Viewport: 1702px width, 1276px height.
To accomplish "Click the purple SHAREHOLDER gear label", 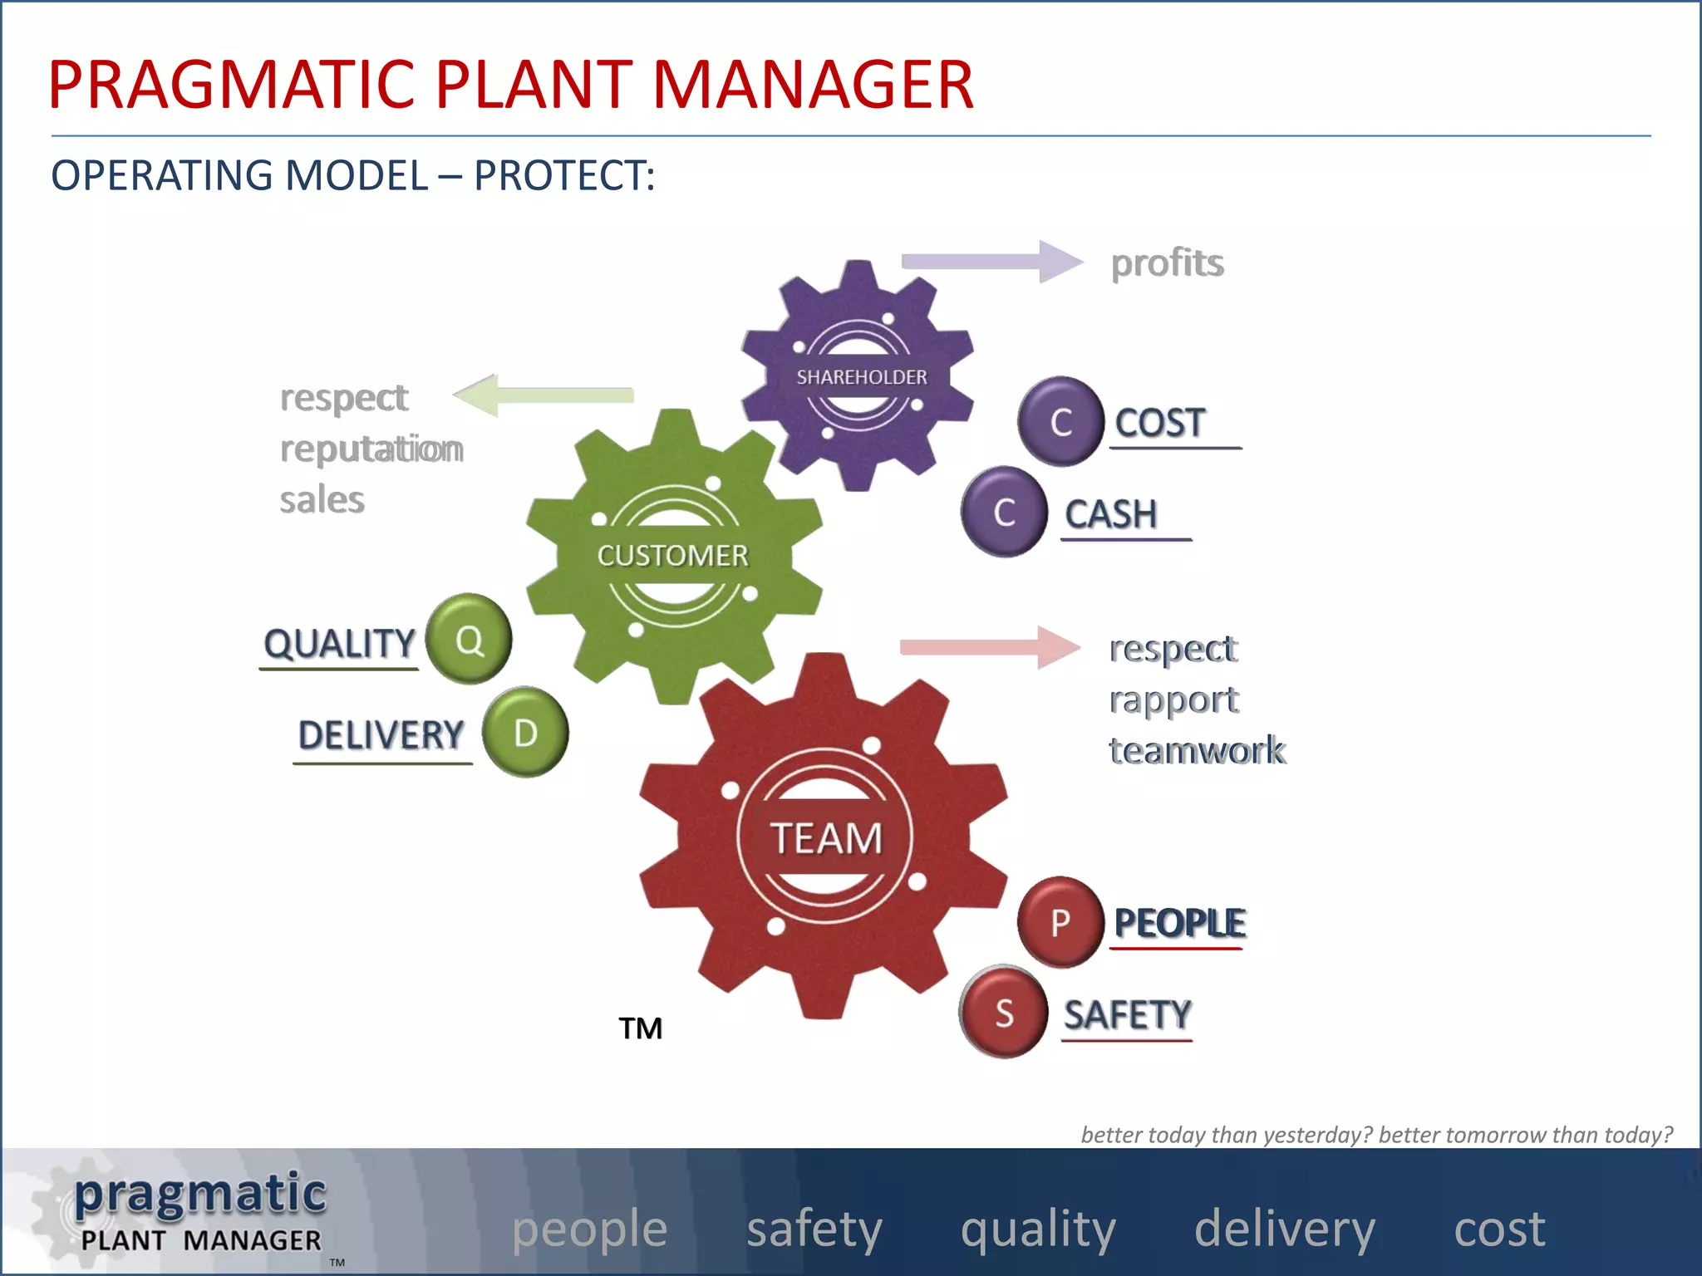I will (862, 377).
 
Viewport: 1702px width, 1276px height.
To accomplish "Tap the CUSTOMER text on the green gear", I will (672, 555).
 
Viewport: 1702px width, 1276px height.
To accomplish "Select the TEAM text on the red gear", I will (826, 837).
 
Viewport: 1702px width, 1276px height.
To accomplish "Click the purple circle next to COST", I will (1060, 421).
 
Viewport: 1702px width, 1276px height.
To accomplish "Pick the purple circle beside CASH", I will (1004, 512).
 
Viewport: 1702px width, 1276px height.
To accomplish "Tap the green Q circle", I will (469, 640).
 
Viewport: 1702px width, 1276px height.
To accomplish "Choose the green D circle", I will (525, 733).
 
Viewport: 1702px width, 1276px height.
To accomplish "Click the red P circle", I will (1060, 922).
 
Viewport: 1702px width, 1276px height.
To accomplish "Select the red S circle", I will (1004, 1013).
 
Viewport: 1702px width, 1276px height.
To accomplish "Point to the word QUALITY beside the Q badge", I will (339, 644).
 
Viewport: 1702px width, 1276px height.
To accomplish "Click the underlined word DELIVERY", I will (381, 735).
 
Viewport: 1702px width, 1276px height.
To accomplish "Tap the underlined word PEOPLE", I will (1179, 923).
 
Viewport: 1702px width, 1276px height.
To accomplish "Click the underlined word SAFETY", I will (1128, 1014).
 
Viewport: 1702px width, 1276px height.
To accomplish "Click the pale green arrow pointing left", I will (544, 395).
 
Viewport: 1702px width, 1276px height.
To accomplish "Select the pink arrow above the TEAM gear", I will (989, 646).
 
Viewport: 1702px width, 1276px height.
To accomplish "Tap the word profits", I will (1167, 263).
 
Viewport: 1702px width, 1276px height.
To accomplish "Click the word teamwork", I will (1197, 750).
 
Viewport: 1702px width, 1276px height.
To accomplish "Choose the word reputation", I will (371, 449).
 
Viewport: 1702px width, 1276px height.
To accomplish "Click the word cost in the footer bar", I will (1499, 1229).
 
